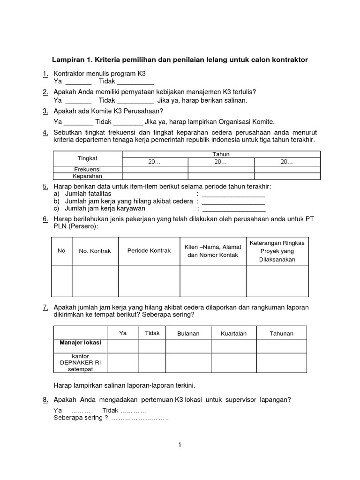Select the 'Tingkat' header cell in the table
(88, 158)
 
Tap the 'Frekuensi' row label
(88, 169)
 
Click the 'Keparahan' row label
(88, 176)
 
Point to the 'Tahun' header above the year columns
(221, 154)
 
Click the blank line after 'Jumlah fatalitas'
(233, 194)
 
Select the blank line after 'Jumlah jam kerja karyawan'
(233, 209)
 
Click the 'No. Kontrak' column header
(95, 251)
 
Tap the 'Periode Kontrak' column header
(149, 251)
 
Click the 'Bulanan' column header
(188, 333)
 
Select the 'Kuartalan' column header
(233, 333)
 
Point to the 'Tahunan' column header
(281, 333)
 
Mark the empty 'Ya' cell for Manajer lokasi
(123, 346)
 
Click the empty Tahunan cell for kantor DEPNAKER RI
(281, 363)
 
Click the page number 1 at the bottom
(180, 445)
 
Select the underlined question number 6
(45, 219)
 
